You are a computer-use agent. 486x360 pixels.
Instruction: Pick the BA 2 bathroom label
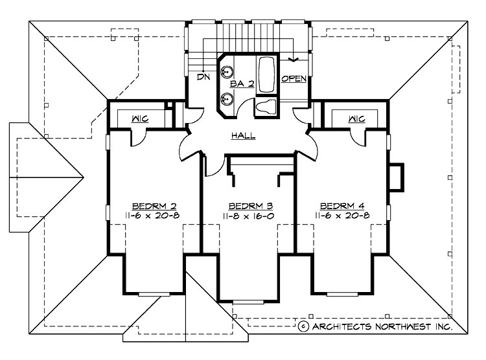click(241, 85)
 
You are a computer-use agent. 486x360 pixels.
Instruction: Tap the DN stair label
click(203, 77)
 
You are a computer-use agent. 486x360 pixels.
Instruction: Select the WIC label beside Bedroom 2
click(140, 119)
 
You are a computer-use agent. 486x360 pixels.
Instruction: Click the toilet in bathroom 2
click(266, 107)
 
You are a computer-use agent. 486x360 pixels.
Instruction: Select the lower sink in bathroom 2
click(226, 99)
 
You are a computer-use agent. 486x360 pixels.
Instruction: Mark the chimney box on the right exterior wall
click(396, 176)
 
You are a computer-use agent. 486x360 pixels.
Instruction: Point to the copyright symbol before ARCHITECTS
click(303, 327)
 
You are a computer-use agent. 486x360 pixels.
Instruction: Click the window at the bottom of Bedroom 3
click(249, 302)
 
